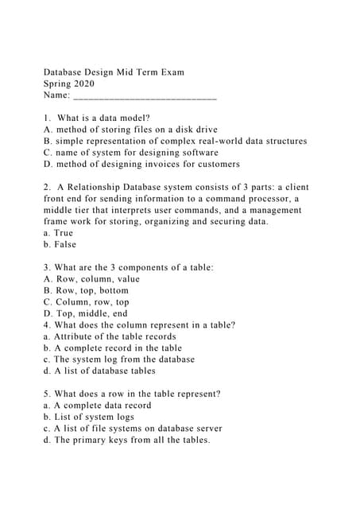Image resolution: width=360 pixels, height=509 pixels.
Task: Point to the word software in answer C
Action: (199, 153)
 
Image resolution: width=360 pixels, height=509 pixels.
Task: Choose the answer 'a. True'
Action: (58, 233)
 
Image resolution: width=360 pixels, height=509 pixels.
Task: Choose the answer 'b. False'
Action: (60, 245)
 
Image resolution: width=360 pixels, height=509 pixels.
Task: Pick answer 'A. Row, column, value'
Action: (91, 279)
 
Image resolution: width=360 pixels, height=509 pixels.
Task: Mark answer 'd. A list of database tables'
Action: (99, 371)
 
